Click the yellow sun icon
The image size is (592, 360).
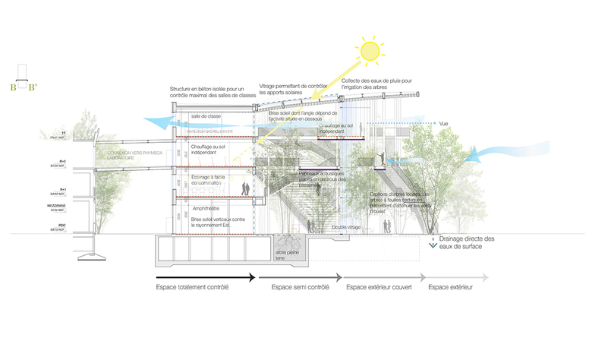tap(370, 50)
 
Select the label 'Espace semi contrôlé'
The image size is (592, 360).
tap(300, 287)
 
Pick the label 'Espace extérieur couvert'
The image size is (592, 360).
tap(378, 287)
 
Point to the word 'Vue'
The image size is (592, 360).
tap(445, 123)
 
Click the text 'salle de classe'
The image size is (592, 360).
tap(206, 116)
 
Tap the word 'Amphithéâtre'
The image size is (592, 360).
tap(206, 206)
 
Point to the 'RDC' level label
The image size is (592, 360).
tap(59, 226)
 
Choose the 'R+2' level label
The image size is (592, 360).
tap(59, 162)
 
